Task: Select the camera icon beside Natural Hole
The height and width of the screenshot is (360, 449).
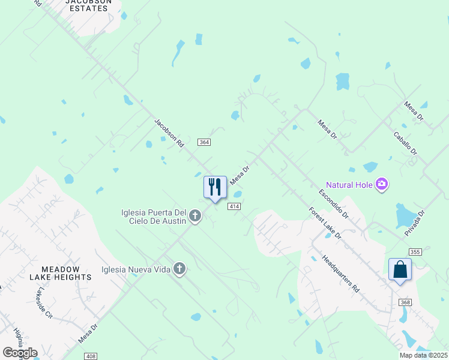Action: (381, 184)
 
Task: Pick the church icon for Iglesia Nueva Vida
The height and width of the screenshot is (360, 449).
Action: (179, 269)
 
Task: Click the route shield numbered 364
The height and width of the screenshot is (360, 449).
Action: (204, 142)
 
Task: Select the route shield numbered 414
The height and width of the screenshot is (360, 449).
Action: (234, 206)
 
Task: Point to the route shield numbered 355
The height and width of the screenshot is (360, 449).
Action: (415, 251)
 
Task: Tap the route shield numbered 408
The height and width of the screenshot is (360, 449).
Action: (91, 356)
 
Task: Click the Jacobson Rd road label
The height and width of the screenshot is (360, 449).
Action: (169, 133)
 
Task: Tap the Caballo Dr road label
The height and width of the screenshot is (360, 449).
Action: (405, 144)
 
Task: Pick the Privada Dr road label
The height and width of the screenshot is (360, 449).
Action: (415, 223)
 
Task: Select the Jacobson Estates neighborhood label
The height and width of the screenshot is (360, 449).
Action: (91, 6)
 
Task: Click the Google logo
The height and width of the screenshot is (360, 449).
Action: (20, 352)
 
